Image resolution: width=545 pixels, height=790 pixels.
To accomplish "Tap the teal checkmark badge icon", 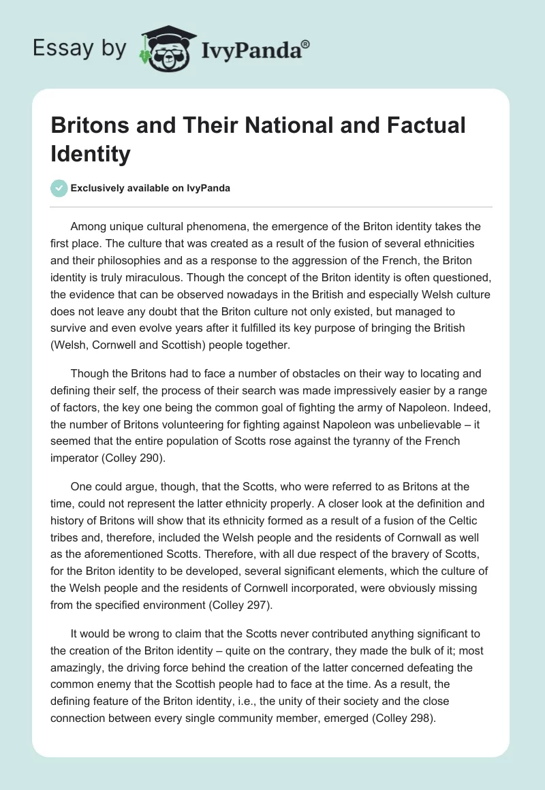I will (60, 188).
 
